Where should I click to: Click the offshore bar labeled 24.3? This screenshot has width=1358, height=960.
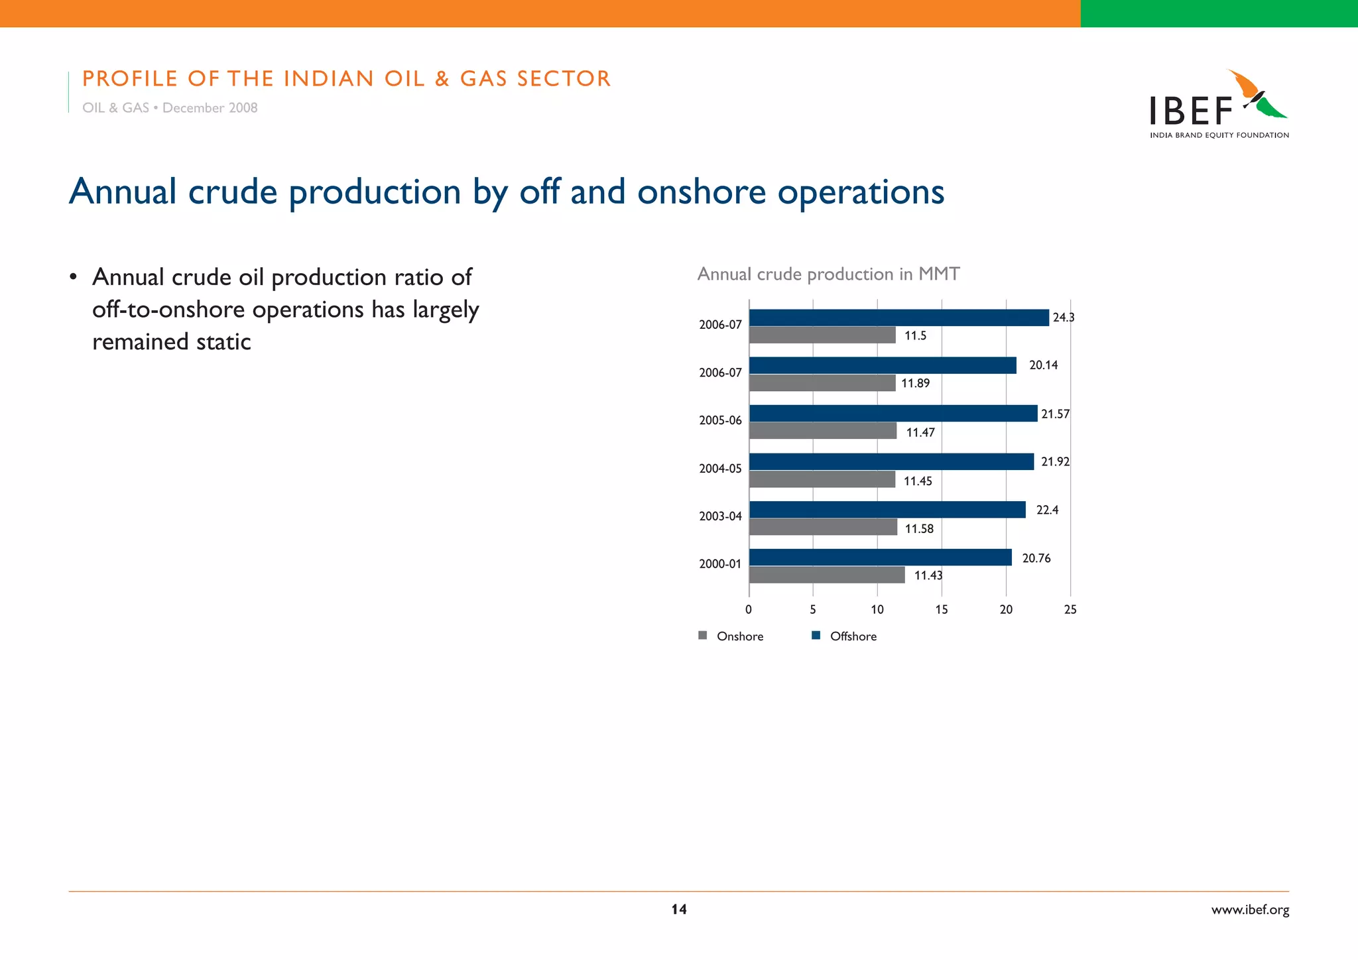[898, 318]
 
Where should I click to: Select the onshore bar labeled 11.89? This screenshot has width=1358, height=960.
[822, 383]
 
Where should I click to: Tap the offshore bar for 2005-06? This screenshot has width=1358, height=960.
[893, 414]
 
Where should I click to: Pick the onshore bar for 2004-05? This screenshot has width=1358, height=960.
[822, 479]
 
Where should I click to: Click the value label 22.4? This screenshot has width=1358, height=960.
[1047, 510]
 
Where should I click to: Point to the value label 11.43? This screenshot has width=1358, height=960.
[928, 575]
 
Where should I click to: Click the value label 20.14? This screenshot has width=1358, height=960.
[1043, 365]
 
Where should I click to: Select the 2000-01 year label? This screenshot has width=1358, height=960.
[720, 564]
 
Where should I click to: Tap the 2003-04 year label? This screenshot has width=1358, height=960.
[720, 516]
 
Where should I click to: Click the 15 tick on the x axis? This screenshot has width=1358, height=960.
[941, 610]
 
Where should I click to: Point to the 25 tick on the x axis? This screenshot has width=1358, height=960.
[1070, 610]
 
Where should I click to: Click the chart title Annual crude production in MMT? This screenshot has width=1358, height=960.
[828, 274]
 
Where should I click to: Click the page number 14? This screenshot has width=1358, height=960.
[678, 910]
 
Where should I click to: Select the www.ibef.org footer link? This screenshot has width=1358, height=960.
[1250, 910]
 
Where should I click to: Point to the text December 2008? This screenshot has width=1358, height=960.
[210, 108]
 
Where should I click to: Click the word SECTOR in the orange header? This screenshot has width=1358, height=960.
[564, 79]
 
